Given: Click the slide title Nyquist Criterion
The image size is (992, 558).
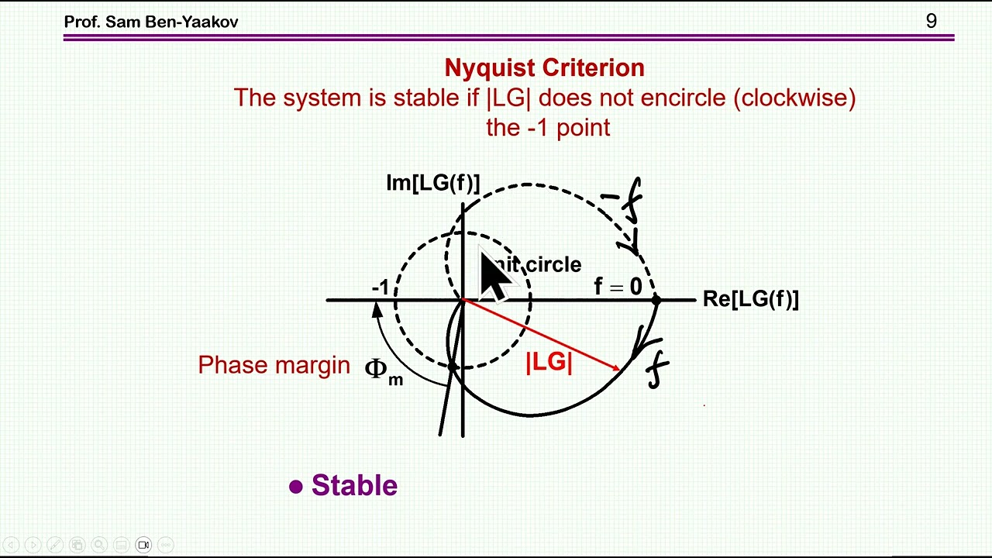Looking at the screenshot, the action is point(544,67).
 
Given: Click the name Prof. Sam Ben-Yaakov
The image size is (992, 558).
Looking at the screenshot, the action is point(150,22).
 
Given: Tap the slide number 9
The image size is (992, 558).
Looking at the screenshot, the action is point(931,21).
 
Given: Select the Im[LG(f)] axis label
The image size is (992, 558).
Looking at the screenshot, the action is point(432,183).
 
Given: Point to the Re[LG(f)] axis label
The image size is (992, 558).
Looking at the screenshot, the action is point(750,299).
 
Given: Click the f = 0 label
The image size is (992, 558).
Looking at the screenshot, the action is point(618,287).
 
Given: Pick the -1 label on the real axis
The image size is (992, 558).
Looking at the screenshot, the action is point(380,288).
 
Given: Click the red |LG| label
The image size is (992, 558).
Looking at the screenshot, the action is point(549,362).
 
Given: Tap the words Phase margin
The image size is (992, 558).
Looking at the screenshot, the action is point(274,365).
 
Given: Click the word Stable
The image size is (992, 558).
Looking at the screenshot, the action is point(354,486).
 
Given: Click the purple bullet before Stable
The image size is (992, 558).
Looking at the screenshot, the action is point(295,487).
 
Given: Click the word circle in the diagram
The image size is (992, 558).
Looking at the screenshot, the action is point(553,265).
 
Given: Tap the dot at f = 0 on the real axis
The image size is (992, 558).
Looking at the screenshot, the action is point(656,299).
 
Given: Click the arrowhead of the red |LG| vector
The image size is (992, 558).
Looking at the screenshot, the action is point(616,368).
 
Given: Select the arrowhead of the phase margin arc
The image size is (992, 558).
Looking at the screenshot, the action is point(377,308).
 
